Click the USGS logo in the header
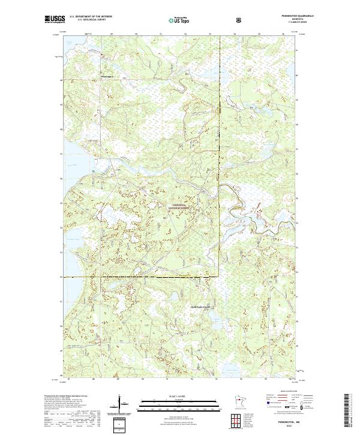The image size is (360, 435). click(55, 20)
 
